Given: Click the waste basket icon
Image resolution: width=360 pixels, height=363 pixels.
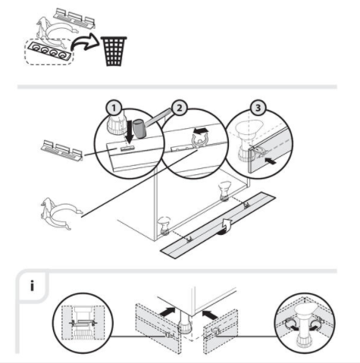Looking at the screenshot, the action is [114, 51].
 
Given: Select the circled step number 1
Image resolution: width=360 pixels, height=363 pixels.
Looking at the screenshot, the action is [114, 108].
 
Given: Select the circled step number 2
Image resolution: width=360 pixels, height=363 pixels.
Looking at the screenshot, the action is [179, 108].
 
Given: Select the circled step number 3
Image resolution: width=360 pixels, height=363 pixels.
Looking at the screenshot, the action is [258, 108].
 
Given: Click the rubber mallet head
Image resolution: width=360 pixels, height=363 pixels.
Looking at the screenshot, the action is [139, 129].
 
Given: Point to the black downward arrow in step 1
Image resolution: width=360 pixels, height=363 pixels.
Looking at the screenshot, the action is [130, 132].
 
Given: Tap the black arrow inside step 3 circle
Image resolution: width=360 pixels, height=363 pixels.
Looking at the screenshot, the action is [270, 161].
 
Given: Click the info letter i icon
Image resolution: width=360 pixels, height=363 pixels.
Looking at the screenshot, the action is [32, 286].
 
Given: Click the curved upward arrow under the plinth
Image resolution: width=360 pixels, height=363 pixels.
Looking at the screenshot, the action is [226, 227].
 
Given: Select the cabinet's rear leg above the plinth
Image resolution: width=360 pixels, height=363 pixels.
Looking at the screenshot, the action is [224, 191].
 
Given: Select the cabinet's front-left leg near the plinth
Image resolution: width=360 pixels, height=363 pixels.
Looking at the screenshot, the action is [164, 225].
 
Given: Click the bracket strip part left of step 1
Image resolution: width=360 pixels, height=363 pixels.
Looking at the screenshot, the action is [62, 150].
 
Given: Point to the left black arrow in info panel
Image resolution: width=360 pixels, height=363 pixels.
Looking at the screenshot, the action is [167, 311].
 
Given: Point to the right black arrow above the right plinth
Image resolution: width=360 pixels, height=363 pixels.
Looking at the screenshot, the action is [210, 314].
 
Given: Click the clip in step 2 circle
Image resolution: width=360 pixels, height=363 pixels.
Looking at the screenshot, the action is [200, 141].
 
